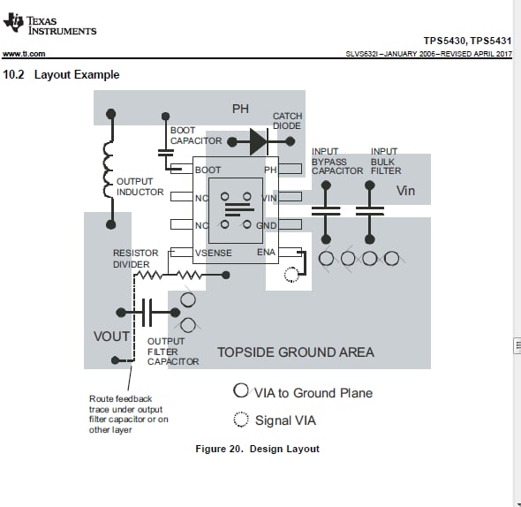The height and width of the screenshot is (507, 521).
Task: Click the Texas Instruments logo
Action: (x=49, y=24)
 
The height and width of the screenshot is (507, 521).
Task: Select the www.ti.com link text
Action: (x=24, y=54)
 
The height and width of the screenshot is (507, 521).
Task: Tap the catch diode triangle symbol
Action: (x=259, y=142)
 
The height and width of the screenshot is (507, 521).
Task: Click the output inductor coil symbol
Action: (x=109, y=170)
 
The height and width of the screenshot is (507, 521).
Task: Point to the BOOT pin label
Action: (x=208, y=170)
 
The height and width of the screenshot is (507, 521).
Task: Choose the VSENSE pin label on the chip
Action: (x=214, y=253)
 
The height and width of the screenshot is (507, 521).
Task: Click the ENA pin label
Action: (x=266, y=253)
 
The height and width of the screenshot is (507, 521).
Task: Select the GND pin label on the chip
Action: (x=267, y=226)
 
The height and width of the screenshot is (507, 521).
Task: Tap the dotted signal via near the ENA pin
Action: (x=291, y=275)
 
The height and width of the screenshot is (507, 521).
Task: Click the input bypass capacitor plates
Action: (x=326, y=211)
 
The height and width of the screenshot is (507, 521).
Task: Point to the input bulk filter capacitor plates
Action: (x=370, y=211)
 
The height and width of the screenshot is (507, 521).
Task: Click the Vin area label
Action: (x=405, y=191)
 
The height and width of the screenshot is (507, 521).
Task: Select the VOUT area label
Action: (x=111, y=337)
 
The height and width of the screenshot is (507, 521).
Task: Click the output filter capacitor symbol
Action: (x=147, y=313)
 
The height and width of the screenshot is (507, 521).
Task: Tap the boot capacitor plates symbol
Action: (x=165, y=153)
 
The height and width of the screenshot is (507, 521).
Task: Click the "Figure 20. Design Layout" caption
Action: (x=258, y=449)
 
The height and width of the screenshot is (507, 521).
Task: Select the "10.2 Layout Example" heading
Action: (x=61, y=74)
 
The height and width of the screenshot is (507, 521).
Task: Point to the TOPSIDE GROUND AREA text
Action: (x=296, y=352)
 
